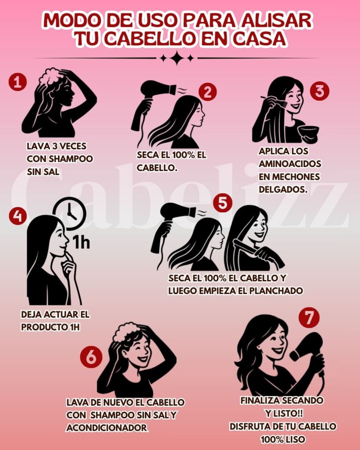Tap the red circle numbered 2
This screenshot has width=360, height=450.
(207, 92)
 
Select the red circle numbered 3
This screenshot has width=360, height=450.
(320, 91)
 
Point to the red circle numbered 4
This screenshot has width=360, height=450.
(18, 216)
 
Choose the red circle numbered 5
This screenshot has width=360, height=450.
(223, 203)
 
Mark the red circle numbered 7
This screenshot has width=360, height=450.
(309, 318)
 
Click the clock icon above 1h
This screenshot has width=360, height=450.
(69, 213)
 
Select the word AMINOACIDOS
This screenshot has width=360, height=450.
(290, 164)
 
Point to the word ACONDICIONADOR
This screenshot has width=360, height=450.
(107, 428)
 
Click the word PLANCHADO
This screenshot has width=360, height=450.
(276, 291)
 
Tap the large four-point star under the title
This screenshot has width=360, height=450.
(177, 58)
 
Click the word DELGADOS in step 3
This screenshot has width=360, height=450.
(283, 189)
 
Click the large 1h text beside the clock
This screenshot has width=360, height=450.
(81, 242)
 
